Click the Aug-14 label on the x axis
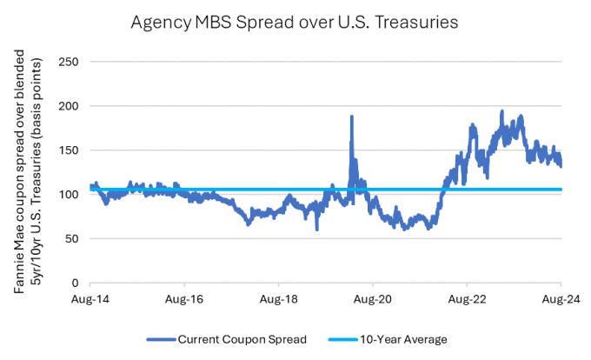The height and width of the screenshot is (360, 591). coord(90,298)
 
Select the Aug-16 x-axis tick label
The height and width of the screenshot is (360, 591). coord(184,298)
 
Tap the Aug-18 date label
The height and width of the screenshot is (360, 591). coord(278,298)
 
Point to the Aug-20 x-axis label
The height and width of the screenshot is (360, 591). coord(373,298)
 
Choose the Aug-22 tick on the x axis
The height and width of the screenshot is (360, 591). coord(467,298)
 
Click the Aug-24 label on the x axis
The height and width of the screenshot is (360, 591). coord(561,298)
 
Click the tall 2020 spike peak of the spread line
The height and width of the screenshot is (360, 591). coord(352,117)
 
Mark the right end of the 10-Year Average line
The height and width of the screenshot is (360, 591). coord(561,189)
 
